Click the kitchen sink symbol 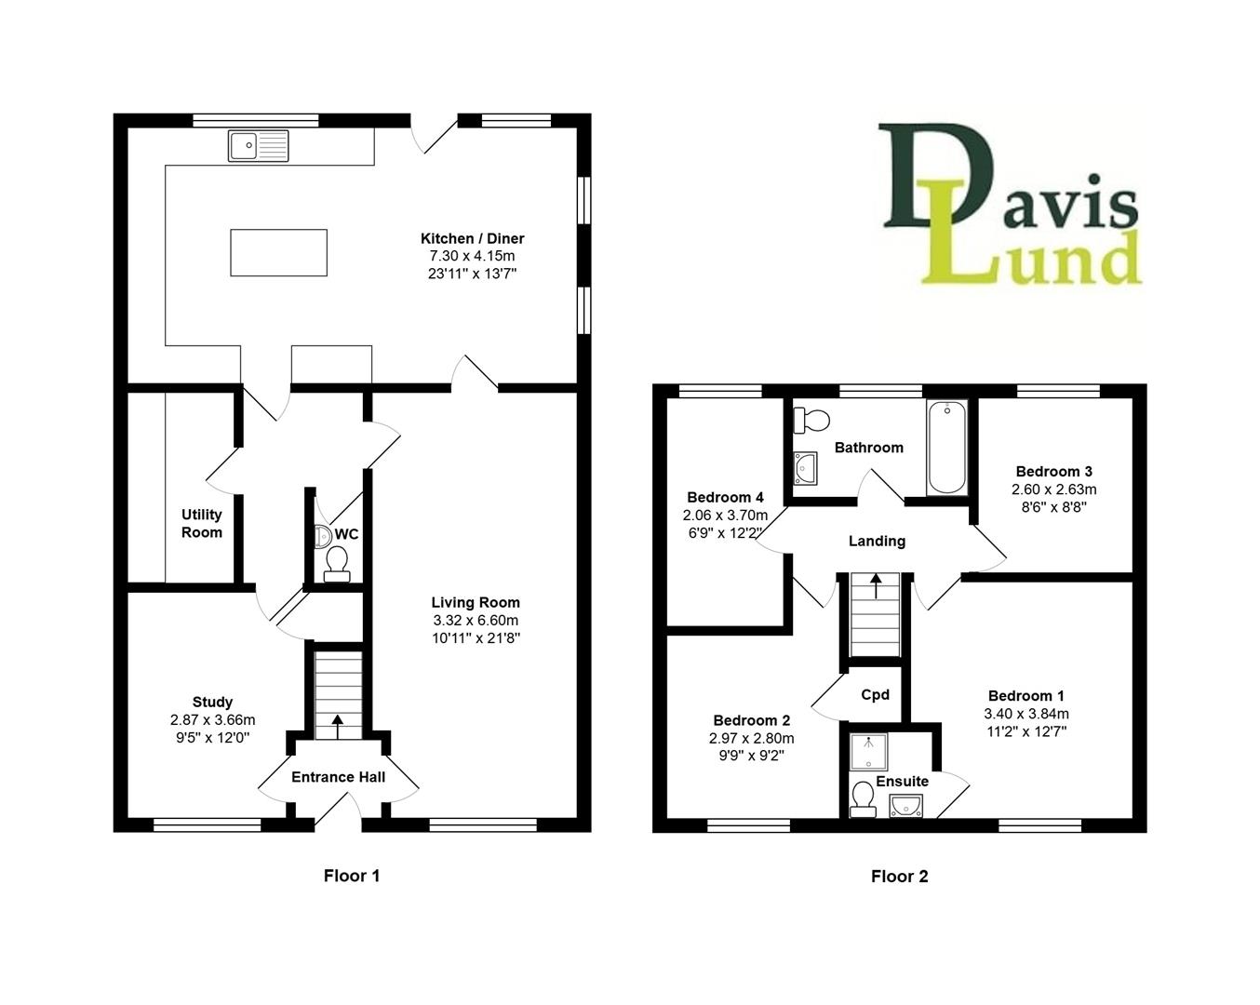(258, 145)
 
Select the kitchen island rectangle (278, 252)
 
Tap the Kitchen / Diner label (472, 238)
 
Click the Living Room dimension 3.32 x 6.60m (476, 621)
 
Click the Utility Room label (202, 523)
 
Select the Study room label (212, 702)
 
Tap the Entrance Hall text (339, 777)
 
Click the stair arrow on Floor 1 (338, 726)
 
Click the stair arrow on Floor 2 (876, 585)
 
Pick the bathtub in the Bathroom (946, 447)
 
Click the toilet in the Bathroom (811, 420)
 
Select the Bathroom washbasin (806, 468)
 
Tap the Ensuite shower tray (869, 751)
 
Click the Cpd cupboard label (876, 694)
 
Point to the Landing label (878, 542)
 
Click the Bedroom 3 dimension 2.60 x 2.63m (1054, 489)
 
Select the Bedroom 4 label (725, 497)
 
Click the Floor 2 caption (899, 877)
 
